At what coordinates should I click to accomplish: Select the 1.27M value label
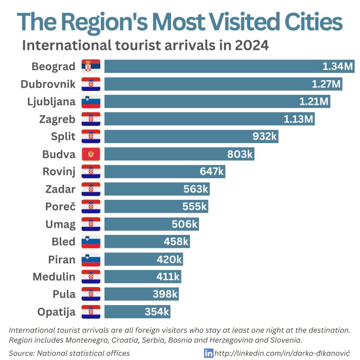(327, 84)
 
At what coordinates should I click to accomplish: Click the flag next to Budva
(91, 154)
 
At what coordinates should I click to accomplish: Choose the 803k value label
(240, 154)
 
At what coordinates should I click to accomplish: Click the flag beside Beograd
(91, 67)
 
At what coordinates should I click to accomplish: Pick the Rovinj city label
(59, 171)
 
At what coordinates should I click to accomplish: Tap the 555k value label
(194, 207)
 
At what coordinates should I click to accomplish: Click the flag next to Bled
(91, 242)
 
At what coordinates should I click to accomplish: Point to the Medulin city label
(54, 277)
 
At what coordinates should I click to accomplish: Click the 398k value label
(165, 294)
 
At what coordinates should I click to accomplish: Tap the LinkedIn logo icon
(209, 353)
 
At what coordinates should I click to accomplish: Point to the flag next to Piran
(91, 259)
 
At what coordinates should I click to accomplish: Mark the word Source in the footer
(21, 353)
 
